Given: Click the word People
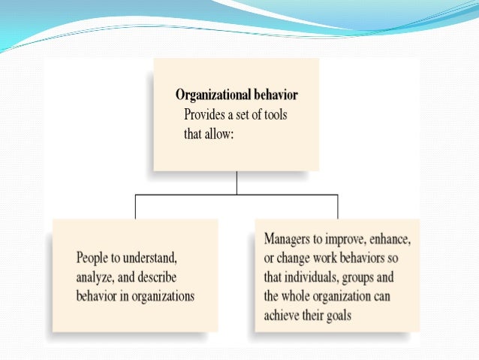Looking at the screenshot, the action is tap(92, 258).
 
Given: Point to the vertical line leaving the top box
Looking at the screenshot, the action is tap(236, 183).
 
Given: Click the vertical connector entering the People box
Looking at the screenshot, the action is tap(135, 207).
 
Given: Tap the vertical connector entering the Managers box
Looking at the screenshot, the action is tap(337, 207).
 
